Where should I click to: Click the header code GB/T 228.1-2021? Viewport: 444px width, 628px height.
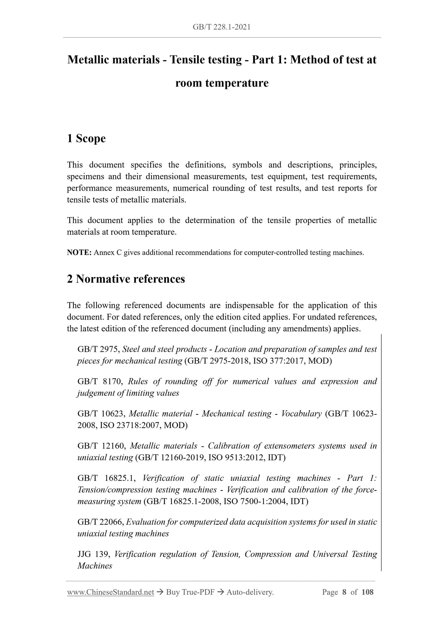pos(222,27)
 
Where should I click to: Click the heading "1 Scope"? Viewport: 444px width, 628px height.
pos(86,139)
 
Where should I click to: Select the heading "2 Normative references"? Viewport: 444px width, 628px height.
pos(126,279)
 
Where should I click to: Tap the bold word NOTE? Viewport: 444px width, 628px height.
pos(79,253)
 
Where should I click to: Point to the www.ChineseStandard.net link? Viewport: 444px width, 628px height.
pos(110,592)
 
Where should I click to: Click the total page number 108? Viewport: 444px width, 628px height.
pos(367,592)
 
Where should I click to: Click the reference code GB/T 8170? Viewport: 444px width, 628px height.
pos(100,382)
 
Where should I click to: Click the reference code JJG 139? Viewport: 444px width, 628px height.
pos(94,554)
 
